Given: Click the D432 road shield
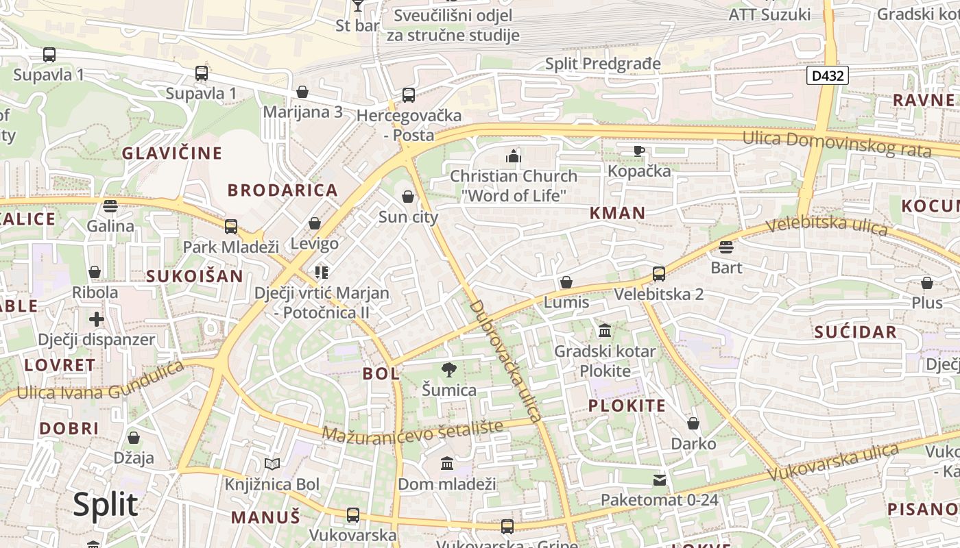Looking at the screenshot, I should coord(828,75).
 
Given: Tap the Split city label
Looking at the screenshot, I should coord(106,505).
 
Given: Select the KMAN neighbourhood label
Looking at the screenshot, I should coord(617,213).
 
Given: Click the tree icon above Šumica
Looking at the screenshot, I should coord(449,371).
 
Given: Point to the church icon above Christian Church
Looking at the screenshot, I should coord(514,156).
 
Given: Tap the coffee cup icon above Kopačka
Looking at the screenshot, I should coord(639,151).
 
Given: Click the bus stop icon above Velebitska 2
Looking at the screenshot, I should coord(659,274).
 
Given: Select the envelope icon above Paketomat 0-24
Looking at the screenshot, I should coord(660,480).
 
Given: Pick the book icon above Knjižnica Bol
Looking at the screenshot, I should coord(272,464).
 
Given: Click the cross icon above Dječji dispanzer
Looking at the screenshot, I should coord(97,319).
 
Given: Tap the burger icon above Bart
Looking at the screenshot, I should coord(726,247).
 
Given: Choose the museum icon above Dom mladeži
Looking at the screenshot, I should coord(447,464).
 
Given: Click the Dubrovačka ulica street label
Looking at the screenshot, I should coord(506,360).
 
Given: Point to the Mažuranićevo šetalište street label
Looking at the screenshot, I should coord(412,432).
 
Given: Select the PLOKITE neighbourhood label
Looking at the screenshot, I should coord(627,406).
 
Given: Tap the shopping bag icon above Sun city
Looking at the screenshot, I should coord(408,197).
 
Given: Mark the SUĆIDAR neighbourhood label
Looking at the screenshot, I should coord(855,332).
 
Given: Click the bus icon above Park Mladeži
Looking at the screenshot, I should coord(231,227).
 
